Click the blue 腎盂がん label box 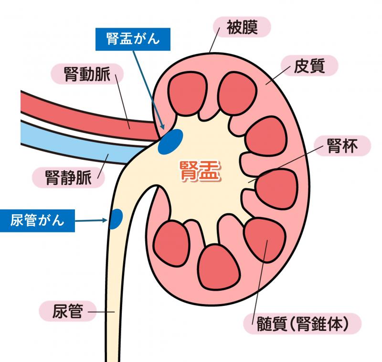[x=133, y=39]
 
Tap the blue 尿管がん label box [x=37, y=220]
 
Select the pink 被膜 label [x=242, y=27]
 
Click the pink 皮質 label [x=309, y=66]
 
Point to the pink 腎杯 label [x=342, y=146]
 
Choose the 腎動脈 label [x=87, y=74]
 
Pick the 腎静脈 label [x=68, y=177]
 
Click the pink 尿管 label [x=68, y=311]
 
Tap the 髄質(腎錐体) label [x=302, y=324]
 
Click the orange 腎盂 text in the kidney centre [x=200, y=171]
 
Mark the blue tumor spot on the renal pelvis [x=170, y=142]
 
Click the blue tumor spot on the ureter [x=116, y=219]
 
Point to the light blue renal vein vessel [x=80, y=143]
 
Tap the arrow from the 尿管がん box [x=91, y=220]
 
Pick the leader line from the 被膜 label [x=214, y=40]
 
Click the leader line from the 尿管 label [x=101, y=312]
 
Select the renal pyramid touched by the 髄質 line [x=265, y=240]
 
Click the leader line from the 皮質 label [x=278, y=75]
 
